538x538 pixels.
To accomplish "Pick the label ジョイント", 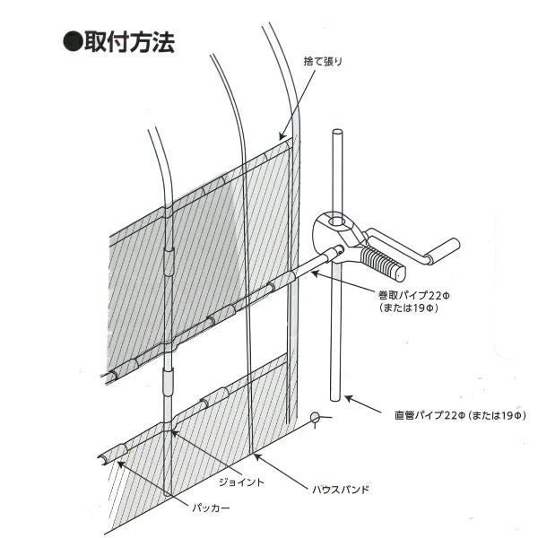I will point(241,482).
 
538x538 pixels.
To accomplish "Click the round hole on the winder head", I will point(336,218).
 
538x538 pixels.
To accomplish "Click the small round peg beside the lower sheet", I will point(315,416).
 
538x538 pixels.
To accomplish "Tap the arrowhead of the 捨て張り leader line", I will point(284,136).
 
